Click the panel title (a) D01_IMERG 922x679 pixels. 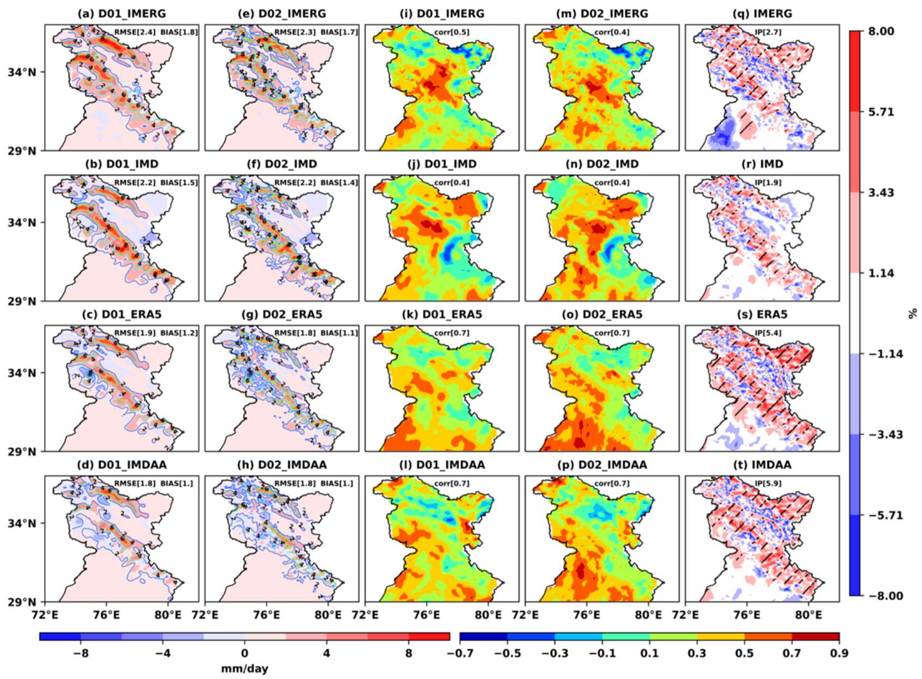coord(122,14)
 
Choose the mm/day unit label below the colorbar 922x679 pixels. coord(245,668)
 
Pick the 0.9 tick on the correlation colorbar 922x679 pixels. coord(838,653)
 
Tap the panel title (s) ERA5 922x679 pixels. coord(762,314)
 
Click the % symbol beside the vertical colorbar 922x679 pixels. coord(913,314)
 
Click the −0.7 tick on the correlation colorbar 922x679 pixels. coord(460,653)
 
